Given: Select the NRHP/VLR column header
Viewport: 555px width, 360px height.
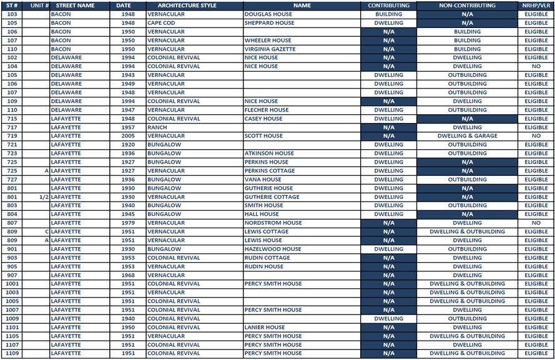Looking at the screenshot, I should point(536,6).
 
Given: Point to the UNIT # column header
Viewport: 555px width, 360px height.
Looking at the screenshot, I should point(39,6).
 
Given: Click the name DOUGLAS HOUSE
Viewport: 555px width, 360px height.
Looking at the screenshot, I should point(268,14).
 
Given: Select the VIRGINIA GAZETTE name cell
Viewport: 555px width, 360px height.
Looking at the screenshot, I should point(270,49).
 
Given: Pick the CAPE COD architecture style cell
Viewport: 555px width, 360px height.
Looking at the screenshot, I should point(161,23).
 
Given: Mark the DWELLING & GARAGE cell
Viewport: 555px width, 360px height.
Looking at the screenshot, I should point(467,136).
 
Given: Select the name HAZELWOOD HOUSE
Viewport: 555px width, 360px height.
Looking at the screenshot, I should point(272,249).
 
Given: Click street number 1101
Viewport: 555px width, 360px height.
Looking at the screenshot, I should point(12,327).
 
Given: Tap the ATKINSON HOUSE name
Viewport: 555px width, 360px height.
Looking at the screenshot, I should point(269,153).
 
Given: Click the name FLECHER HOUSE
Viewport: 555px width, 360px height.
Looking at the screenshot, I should point(267,110).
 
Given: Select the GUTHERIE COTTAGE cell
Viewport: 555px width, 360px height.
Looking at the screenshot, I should point(272,197).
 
